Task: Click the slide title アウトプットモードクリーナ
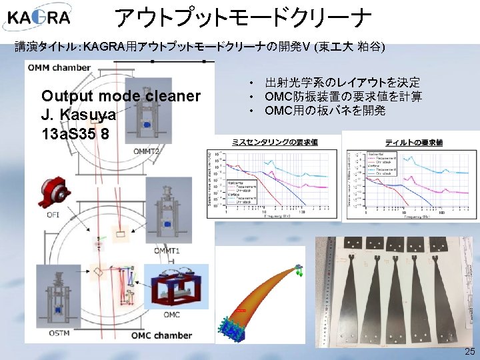(242, 19)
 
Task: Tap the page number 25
(469, 351)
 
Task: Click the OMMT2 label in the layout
(147, 152)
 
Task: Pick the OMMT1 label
(167, 251)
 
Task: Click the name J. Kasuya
(79, 115)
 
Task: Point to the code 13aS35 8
(75, 133)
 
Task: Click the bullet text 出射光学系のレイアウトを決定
(342, 83)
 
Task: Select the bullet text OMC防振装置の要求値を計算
(343, 97)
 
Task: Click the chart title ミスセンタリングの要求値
(274, 142)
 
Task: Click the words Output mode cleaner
(121, 97)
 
